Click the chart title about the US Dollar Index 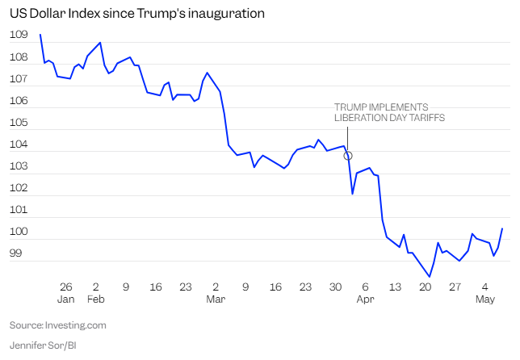pyautogui.click(x=137, y=15)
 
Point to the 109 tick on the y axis pyautogui.click(x=19, y=36)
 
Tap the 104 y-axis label pyautogui.click(x=19, y=144)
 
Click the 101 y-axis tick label pyautogui.click(x=19, y=210)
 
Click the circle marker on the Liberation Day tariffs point pyautogui.click(x=348, y=155)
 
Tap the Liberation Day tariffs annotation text pyautogui.click(x=389, y=112)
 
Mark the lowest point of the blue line pyautogui.click(x=429, y=277)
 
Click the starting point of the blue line pyautogui.click(x=40, y=35)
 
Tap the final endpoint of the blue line pyautogui.click(x=502, y=228)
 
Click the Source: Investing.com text pyautogui.click(x=58, y=325)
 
